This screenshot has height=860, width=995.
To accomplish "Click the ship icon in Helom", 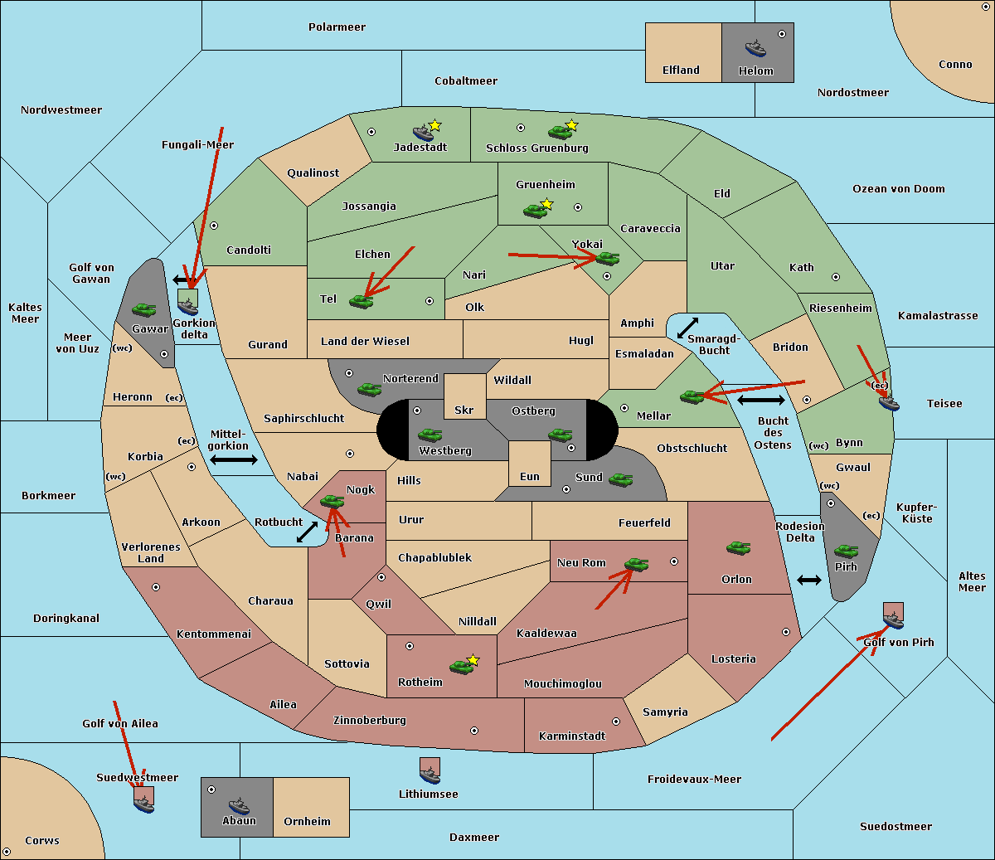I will click(755, 47).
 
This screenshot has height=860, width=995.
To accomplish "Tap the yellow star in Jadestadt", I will click(435, 125).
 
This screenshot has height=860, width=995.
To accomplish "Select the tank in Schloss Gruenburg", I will click(560, 132).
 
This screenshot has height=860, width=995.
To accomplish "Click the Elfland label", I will click(681, 70).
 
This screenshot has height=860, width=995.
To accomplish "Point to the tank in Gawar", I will click(143, 309).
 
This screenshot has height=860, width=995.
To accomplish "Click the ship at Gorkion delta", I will click(188, 306).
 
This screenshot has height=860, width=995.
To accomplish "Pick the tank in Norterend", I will click(369, 389).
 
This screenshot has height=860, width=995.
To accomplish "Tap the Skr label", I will click(464, 410).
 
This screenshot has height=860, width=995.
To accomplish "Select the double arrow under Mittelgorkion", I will click(234, 460).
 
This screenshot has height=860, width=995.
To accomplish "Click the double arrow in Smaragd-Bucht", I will click(688, 328).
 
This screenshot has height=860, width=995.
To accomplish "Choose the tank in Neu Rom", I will click(636, 565).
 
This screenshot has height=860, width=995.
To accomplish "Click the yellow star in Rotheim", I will click(473, 660).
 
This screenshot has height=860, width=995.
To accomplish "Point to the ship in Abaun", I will click(239, 805).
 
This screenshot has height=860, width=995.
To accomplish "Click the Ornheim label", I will click(307, 821).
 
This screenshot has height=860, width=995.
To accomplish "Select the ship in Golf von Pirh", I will click(893, 619).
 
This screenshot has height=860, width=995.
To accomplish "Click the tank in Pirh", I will click(846, 551).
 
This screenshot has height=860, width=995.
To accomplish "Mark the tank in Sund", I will click(620, 479).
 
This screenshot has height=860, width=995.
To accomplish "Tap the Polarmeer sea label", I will click(337, 27).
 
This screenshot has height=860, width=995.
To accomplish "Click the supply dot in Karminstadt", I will click(616, 722).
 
